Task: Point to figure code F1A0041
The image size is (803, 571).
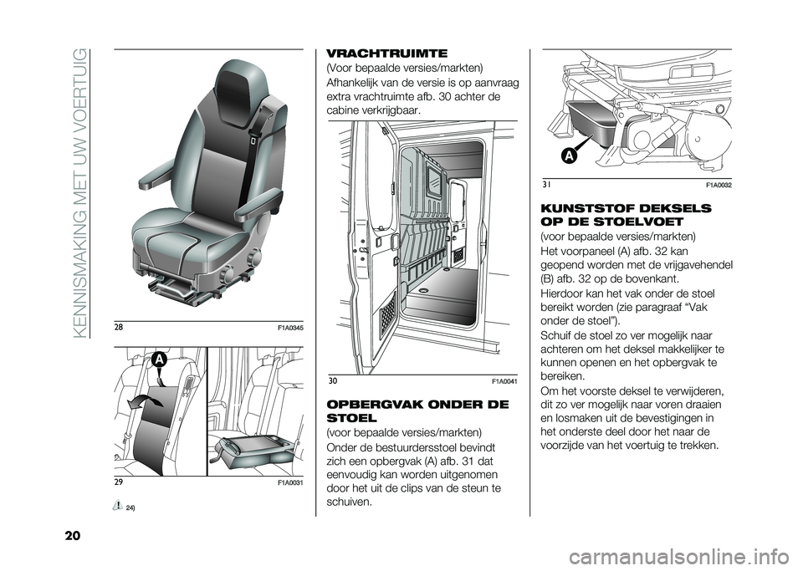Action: [505, 382]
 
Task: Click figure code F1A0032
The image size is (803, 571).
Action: [719, 185]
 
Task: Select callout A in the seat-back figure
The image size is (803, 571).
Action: [158, 360]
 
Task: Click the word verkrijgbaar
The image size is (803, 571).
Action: [394, 110]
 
